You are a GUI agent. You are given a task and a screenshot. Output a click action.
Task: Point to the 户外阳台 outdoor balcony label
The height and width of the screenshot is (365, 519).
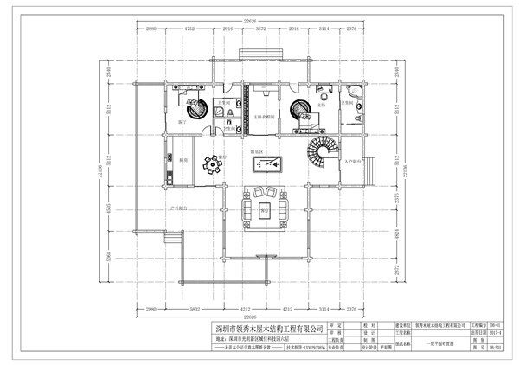click(179, 209)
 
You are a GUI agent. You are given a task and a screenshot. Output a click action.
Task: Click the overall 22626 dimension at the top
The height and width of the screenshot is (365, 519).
click(260, 19)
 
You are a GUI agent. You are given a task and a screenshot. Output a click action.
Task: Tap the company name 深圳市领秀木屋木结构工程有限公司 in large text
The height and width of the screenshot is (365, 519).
click(274, 329)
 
